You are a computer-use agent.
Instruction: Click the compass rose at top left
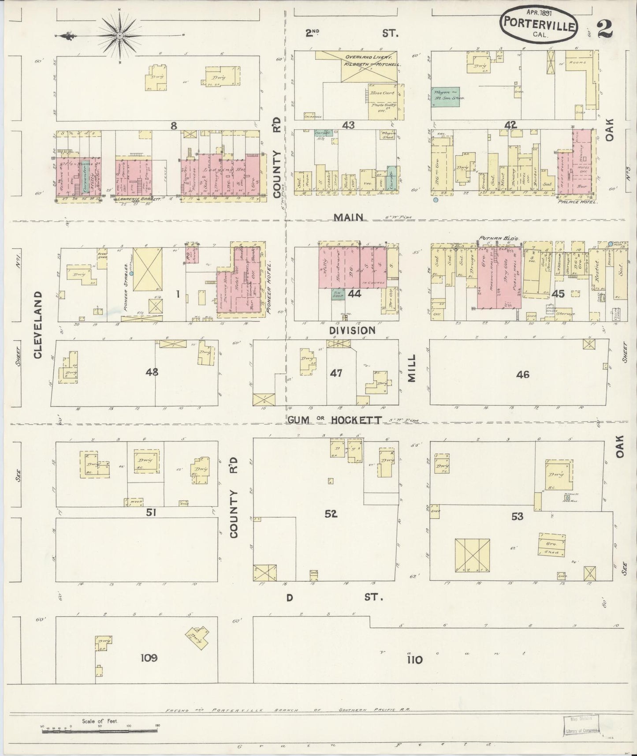point(119,35)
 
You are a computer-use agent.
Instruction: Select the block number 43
point(348,125)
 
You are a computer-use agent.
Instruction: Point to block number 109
point(149,658)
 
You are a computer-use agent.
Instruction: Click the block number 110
point(415,660)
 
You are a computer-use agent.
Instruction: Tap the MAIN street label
point(348,217)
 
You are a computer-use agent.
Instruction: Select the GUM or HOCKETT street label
point(335,420)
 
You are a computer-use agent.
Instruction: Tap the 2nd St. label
point(351,33)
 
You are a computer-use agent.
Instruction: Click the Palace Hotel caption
point(577,202)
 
